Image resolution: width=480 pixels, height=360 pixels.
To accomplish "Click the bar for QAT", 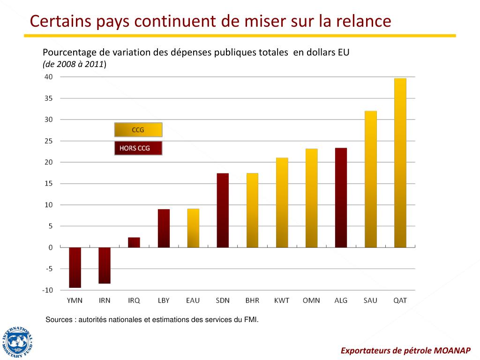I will pyautogui.click(x=400, y=163).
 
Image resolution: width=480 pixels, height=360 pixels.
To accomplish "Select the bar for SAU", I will pyautogui.click(x=370, y=179).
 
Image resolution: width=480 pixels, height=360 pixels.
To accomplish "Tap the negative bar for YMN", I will pyautogui.click(x=75, y=267).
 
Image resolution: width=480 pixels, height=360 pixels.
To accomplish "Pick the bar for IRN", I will pyautogui.click(x=105, y=265).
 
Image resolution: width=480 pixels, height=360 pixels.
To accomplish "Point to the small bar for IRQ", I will pyautogui.click(x=134, y=242).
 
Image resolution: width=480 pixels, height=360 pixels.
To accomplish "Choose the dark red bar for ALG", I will pyautogui.click(x=341, y=197).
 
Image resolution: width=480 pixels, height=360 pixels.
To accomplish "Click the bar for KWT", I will pyautogui.click(x=282, y=202).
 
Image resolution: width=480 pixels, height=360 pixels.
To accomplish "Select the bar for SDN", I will pyautogui.click(x=223, y=210).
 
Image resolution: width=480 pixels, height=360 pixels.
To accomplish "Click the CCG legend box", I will pyautogui.click(x=138, y=130).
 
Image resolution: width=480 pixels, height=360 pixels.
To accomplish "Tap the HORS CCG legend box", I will pyautogui.click(x=138, y=148).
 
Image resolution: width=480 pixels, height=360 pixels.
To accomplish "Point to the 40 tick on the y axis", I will pyautogui.click(x=49, y=77).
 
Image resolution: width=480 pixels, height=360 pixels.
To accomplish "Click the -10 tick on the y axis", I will pyautogui.click(x=48, y=290).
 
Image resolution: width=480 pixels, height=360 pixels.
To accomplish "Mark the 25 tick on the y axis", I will pyautogui.click(x=49, y=141).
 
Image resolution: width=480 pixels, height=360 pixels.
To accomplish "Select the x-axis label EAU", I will pyautogui.click(x=193, y=300).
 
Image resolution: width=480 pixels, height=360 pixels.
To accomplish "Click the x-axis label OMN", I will pyautogui.click(x=311, y=300).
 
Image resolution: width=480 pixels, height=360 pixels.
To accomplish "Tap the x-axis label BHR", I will pyautogui.click(x=252, y=300).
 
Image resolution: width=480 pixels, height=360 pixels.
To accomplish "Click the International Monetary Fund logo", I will pyautogui.click(x=17, y=342).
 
